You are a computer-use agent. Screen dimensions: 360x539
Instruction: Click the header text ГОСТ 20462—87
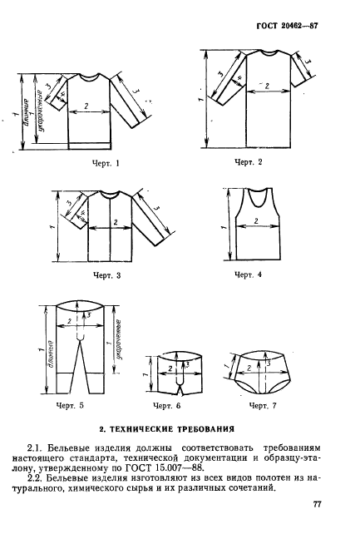pyautogui.click(x=287, y=26)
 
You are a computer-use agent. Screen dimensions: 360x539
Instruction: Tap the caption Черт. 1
pyautogui.click(x=106, y=163)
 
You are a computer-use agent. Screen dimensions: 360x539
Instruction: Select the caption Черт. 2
pyautogui.click(x=248, y=161)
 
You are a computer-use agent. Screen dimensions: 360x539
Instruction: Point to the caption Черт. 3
pyautogui.click(x=106, y=275)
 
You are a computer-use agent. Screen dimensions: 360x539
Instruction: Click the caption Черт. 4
pyautogui.click(x=248, y=274)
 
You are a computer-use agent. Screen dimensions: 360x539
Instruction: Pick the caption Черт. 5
pyautogui.click(x=70, y=405)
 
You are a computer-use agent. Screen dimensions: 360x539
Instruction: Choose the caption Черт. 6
pyautogui.click(x=166, y=406)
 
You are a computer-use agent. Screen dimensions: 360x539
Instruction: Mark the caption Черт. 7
pyautogui.click(x=263, y=406)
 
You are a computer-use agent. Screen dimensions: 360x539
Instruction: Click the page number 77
pyautogui.click(x=317, y=504)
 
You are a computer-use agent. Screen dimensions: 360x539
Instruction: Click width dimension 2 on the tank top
pyautogui.click(x=256, y=221)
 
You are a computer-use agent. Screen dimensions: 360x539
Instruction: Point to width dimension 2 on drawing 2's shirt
pyautogui.click(x=267, y=86)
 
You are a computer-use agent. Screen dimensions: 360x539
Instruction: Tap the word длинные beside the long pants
pyautogui.click(x=50, y=354)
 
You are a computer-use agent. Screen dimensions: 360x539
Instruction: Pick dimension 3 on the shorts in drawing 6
pyautogui.click(x=187, y=364)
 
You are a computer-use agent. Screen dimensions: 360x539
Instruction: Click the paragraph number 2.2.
pyautogui.click(x=34, y=477)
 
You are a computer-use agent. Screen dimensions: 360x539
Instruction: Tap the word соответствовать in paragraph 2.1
pyautogui.click(x=217, y=448)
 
